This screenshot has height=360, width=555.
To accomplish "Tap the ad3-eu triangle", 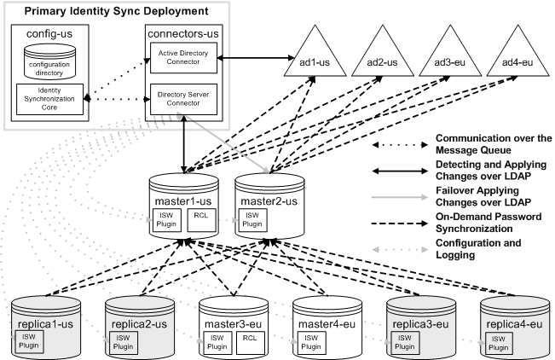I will pyautogui.click(x=452, y=60).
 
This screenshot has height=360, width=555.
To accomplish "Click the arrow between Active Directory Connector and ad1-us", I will pyautogui.click(x=254, y=59).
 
